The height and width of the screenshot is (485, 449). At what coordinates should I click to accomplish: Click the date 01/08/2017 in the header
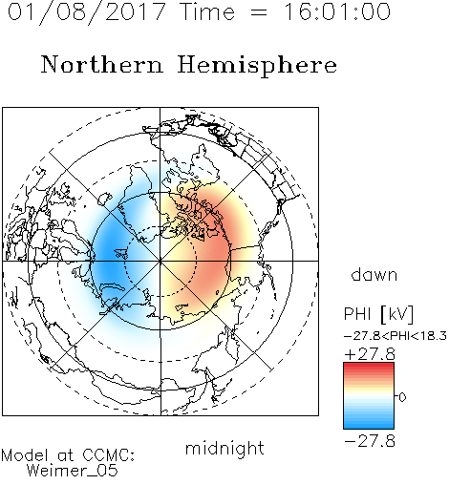point(87,12)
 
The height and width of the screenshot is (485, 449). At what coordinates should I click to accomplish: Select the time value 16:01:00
point(337,11)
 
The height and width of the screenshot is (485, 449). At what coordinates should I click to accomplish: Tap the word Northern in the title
point(102,64)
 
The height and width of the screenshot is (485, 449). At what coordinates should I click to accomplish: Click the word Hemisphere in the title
point(257,66)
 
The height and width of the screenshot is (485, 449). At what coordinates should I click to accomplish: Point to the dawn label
point(374,274)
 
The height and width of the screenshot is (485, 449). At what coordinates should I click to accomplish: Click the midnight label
point(224,448)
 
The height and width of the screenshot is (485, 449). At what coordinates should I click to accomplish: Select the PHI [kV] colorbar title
point(378,314)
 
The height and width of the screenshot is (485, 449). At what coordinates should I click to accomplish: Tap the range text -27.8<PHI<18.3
point(396,336)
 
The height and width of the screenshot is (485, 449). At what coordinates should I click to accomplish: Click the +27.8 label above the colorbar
point(370,354)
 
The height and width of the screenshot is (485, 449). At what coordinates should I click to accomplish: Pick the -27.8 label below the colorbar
point(370,441)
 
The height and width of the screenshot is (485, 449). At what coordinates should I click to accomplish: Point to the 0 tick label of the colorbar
point(402,397)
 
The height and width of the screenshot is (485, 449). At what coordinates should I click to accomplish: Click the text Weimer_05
point(73,471)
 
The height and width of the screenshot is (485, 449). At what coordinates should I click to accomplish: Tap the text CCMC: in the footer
point(109,455)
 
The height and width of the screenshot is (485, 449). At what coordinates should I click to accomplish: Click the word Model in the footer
point(25,455)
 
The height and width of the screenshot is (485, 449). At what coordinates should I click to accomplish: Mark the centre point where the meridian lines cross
point(160,261)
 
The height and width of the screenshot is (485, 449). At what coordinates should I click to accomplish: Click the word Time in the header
point(207,11)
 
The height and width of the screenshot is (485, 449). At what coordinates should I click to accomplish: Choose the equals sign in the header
point(259,12)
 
